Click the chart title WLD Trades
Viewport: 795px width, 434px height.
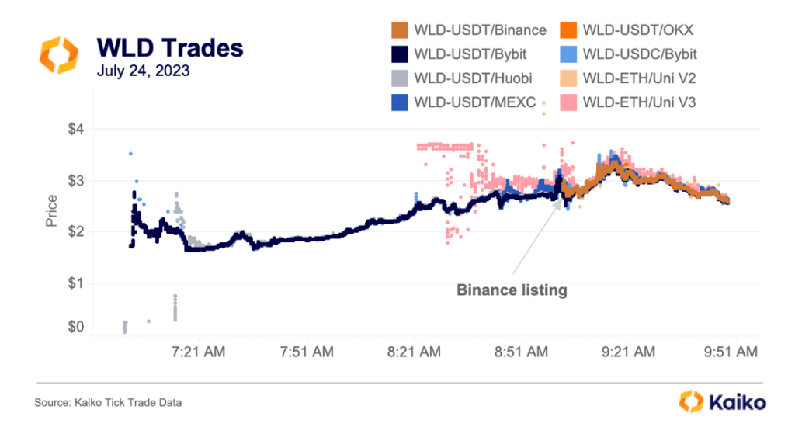point(169,48)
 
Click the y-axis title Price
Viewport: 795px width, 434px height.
point(52,210)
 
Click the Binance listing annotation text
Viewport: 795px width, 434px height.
point(512,290)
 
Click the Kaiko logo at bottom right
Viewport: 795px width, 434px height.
point(723,402)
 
